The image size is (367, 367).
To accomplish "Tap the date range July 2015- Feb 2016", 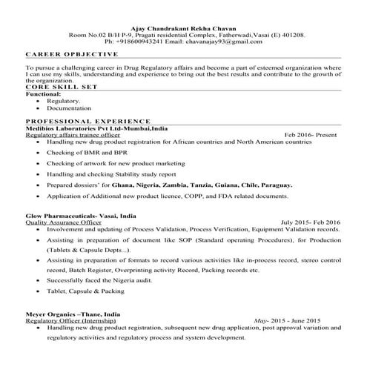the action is tap(310, 222).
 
